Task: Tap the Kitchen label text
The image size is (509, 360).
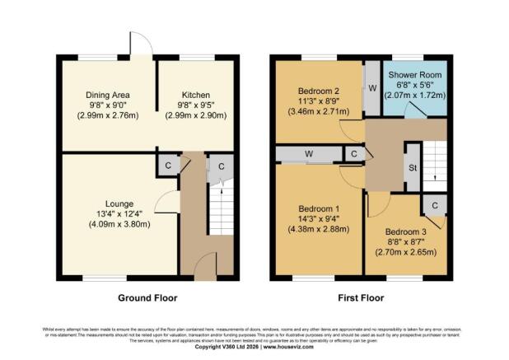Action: pos(195,94)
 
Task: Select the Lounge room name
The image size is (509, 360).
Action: pos(119,203)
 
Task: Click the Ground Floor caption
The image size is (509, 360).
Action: pos(147,297)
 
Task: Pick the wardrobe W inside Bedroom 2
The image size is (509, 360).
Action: pos(371,88)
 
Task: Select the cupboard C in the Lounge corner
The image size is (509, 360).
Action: pos(168,164)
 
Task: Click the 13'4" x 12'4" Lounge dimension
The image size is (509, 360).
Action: pos(119,215)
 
